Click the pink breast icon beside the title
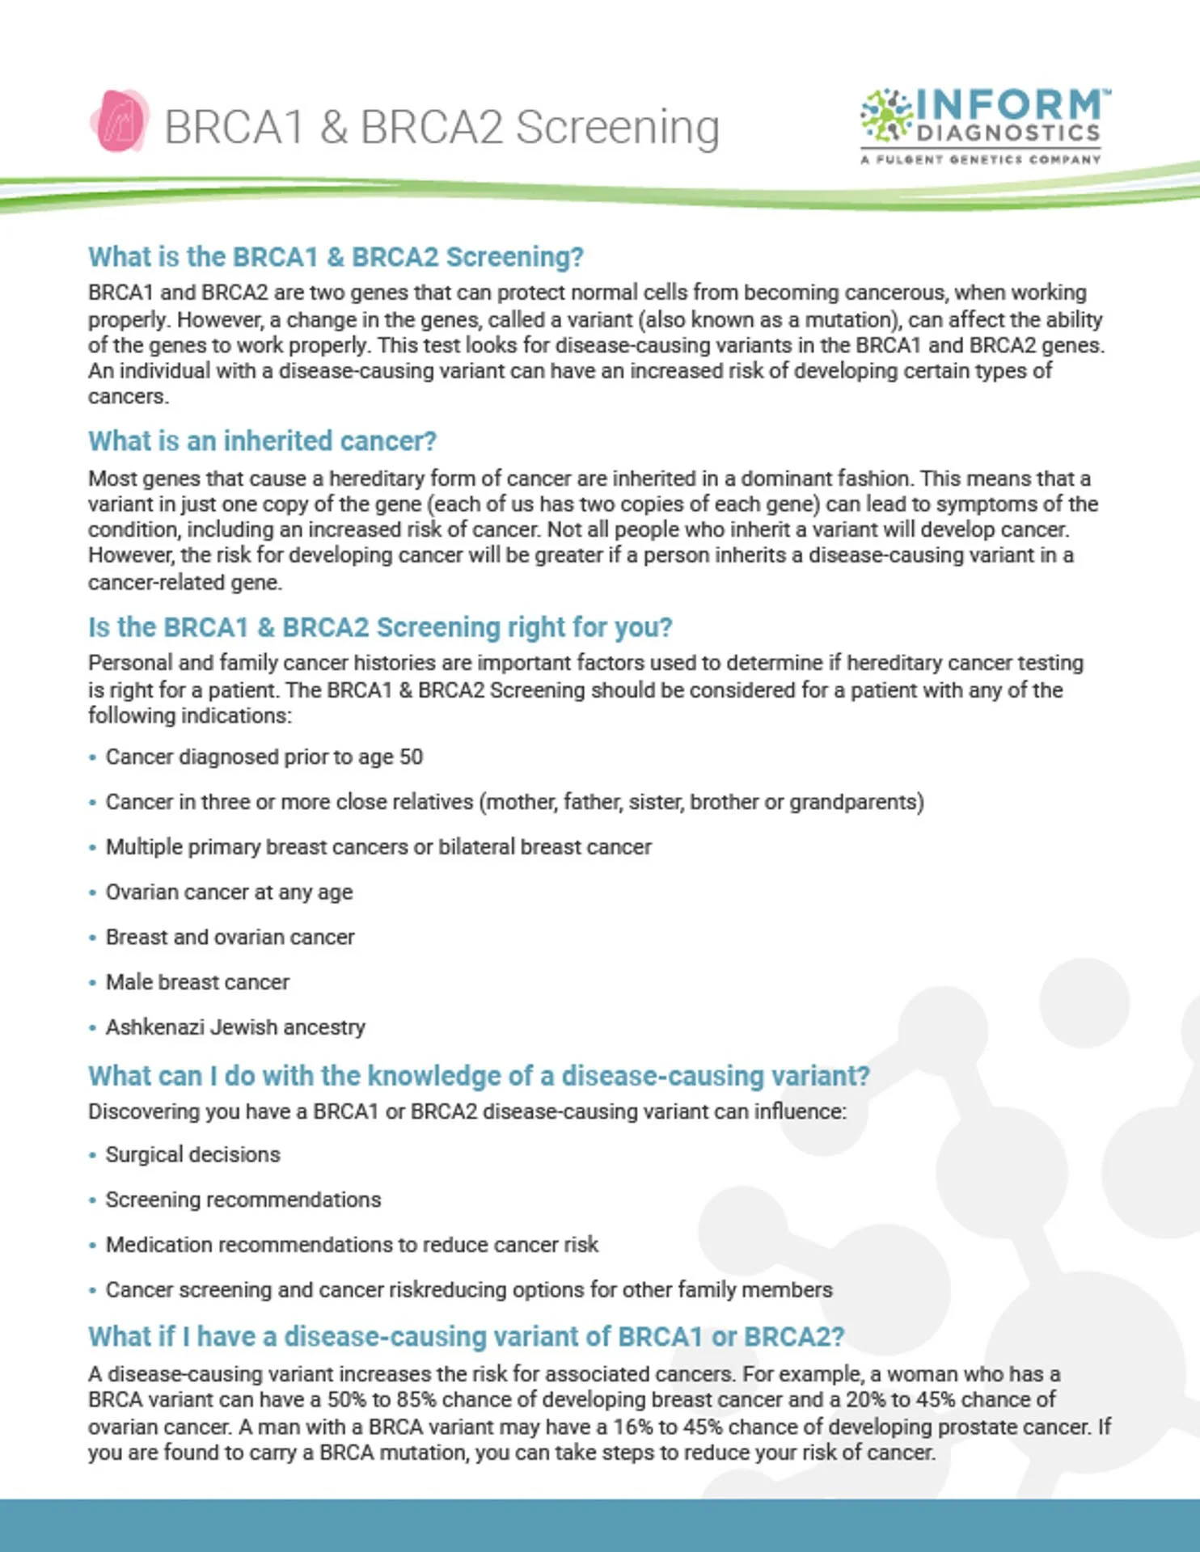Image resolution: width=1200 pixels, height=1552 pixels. tap(120, 122)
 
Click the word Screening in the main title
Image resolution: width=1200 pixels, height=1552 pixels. tap(617, 127)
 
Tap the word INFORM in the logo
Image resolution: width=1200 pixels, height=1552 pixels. tap(1008, 104)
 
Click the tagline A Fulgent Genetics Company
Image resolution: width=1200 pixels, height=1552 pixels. tap(980, 159)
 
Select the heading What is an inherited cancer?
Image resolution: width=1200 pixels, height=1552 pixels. tap(262, 441)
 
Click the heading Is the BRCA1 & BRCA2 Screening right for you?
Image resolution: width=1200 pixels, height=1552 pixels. tap(380, 627)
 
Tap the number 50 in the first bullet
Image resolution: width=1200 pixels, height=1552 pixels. tap(411, 757)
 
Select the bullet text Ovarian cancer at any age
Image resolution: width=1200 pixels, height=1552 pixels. tap(229, 892)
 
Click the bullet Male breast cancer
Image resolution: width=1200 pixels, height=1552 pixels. tap(197, 982)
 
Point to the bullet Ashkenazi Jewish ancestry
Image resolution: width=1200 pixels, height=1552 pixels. tap(235, 1027)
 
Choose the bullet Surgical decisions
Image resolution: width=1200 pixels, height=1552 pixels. tap(192, 1155)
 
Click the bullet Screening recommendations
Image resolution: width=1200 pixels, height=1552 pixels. tap(243, 1200)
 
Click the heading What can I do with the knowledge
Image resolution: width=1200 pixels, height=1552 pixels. tap(479, 1077)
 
